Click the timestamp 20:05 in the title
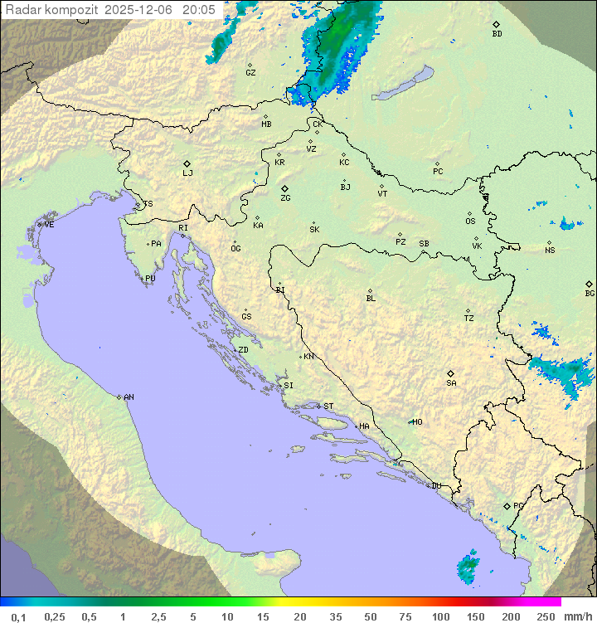[199, 9]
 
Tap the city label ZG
[285, 198]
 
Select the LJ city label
[187, 173]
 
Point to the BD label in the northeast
[497, 34]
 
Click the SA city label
[451, 382]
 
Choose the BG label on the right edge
[590, 293]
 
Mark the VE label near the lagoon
[49, 225]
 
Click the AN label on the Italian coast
[129, 397]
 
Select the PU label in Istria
[150, 279]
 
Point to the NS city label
[550, 251]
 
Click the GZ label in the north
[250, 73]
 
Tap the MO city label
[417, 421]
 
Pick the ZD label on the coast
[243, 350]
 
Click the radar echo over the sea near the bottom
[468, 566]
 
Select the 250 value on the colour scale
[545, 616]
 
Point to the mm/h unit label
[577, 616]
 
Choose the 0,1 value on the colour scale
[19, 616]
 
